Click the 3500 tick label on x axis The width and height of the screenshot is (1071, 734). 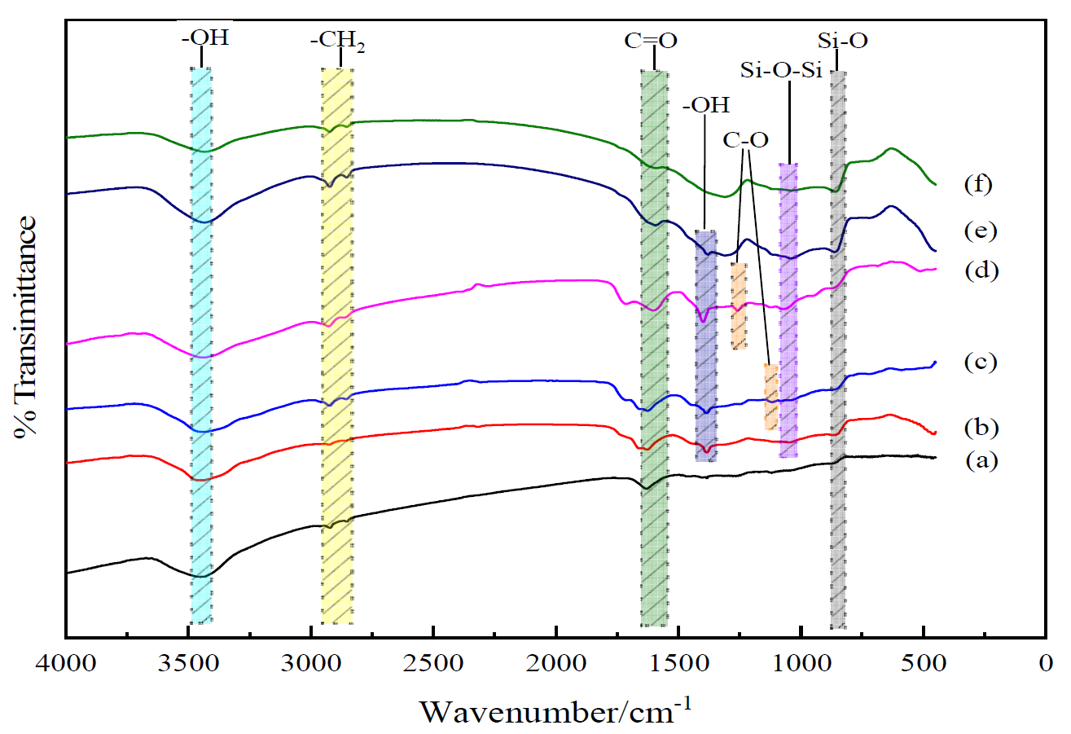189,661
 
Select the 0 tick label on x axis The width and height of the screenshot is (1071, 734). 1046,661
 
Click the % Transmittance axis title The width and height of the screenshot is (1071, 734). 27,327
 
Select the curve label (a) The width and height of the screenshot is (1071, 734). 982,460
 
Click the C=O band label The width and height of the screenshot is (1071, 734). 651,39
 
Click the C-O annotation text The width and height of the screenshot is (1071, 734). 746,141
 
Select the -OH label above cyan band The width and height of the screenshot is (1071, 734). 200,39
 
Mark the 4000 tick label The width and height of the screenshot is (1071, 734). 66,661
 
